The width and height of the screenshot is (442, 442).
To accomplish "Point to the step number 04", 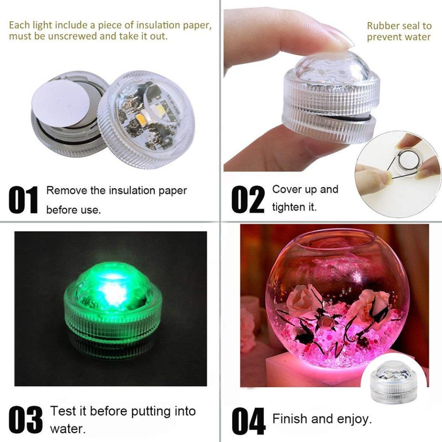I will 248,419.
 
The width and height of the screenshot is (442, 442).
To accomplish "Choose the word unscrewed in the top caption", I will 70,36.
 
